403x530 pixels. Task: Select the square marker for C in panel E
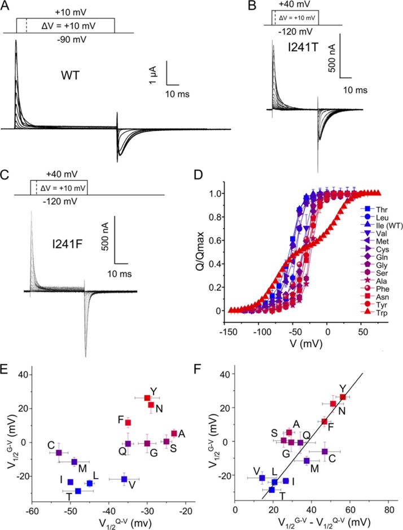click(x=59, y=453)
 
